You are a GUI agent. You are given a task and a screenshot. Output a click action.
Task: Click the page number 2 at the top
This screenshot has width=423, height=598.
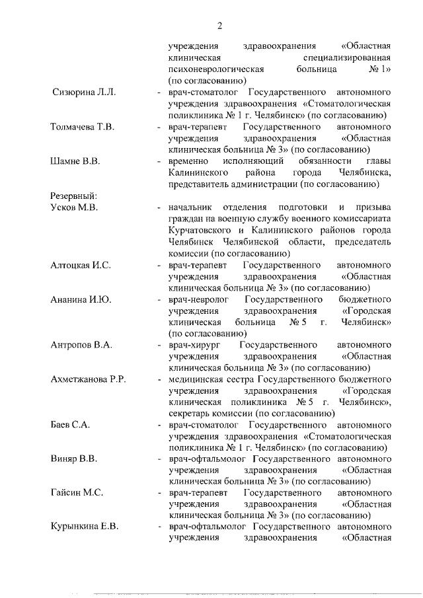pyautogui.click(x=219, y=26)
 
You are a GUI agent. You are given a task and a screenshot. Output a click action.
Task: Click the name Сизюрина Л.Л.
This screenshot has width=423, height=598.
pyautogui.click(x=83, y=92)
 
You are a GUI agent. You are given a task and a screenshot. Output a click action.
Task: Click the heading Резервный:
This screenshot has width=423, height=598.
pyautogui.click(x=74, y=196)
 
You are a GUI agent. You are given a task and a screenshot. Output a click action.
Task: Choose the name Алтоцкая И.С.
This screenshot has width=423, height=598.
pyautogui.click(x=81, y=265)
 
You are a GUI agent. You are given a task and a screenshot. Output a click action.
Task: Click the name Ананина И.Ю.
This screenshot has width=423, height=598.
pyautogui.click(x=81, y=299)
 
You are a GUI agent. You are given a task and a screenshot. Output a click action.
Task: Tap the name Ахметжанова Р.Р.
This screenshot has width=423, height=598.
pyautogui.click(x=89, y=379)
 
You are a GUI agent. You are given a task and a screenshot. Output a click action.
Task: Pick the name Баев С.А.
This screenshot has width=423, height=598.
pyautogui.click(x=70, y=425)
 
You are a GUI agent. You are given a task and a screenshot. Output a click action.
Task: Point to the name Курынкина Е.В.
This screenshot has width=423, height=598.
pyautogui.click(x=85, y=527)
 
